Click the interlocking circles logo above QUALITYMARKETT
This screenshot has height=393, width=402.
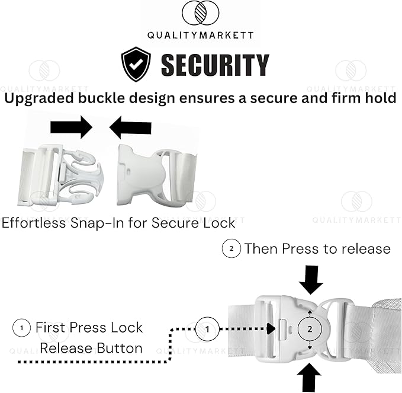tap(200, 13)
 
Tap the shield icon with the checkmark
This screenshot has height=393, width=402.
tap(136, 64)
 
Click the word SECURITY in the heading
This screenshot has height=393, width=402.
tap(215, 65)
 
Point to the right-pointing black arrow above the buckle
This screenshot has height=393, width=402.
tap(71, 127)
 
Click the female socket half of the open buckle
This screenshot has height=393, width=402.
tap(157, 175)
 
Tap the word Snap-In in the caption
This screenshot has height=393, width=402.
tap(97, 222)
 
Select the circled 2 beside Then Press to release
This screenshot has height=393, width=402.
tap(231, 248)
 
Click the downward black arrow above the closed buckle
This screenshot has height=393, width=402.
tap(311, 280)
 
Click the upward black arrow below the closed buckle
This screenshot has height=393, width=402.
tap(309, 377)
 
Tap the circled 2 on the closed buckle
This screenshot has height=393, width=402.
tap(310, 329)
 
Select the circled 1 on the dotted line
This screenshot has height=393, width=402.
tap(207, 329)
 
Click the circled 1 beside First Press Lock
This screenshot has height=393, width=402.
tap(21, 328)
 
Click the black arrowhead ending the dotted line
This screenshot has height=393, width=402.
tap(271, 329)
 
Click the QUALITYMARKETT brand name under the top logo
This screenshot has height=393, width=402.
tap(201, 35)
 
